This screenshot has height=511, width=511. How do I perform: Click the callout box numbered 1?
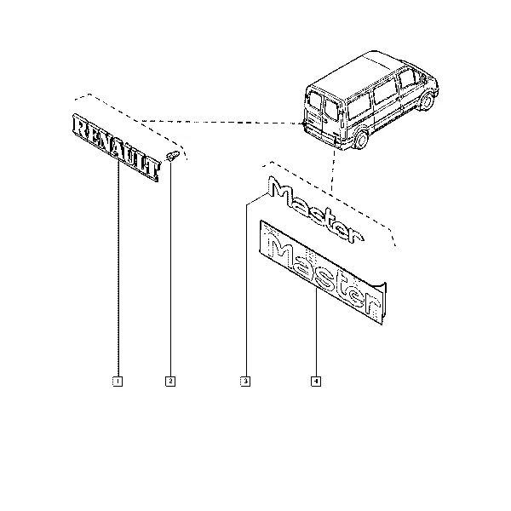(x=118, y=381)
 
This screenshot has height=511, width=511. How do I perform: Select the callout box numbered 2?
(x=170, y=381)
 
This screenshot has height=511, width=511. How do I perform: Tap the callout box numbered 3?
(x=245, y=381)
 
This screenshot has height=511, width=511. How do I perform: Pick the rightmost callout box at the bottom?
(x=316, y=381)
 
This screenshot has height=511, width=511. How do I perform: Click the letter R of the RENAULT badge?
(x=79, y=126)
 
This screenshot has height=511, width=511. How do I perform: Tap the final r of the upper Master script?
(x=354, y=236)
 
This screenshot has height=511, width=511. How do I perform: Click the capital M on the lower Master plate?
(x=282, y=252)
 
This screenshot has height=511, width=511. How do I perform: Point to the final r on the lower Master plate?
(x=370, y=304)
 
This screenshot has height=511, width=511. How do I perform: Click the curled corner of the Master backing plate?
(x=382, y=287)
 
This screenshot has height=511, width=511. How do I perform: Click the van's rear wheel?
(x=361, y=139)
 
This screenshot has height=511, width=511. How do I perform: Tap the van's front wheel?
(x=428, y=101)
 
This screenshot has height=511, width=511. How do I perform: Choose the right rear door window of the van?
(x=331, y=109)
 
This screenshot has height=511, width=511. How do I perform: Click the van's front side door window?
(x=407, y=79)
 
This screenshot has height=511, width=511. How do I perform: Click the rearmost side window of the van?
(x=359, y=105)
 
